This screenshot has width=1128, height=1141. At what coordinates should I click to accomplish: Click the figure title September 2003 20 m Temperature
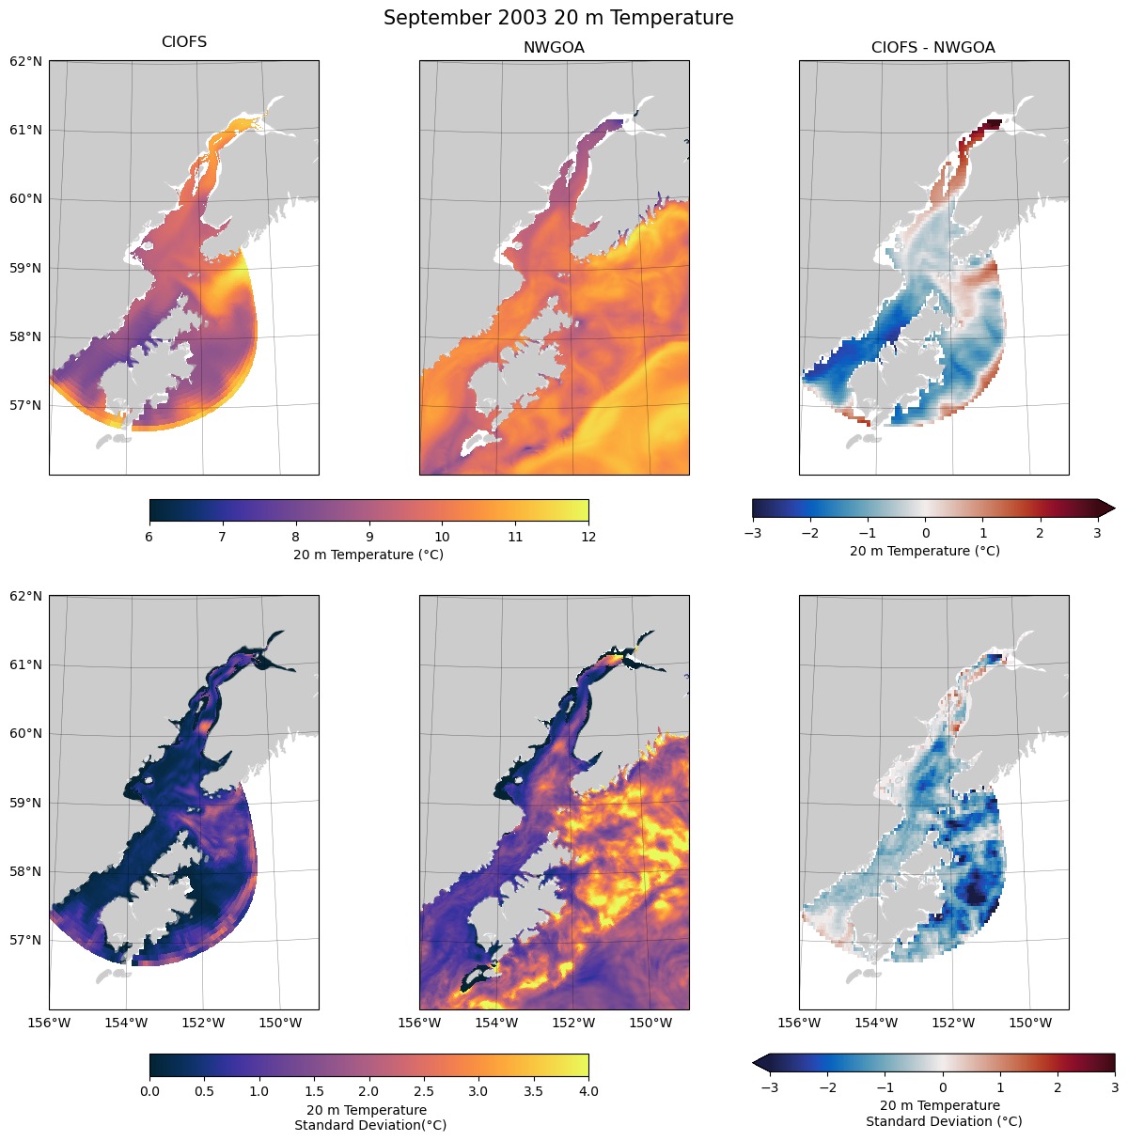click(558, 18)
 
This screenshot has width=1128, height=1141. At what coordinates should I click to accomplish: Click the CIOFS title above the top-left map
click(184, 42)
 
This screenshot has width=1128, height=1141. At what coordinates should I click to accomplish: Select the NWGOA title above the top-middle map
click(554, 48)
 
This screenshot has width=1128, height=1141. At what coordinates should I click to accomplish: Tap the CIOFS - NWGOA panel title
click(932, 48)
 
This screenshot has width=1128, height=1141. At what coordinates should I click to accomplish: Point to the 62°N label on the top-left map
click(25, 61)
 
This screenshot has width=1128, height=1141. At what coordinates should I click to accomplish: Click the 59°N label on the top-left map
click(25, 268)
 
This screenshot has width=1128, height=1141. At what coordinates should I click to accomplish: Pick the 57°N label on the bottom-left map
click(25, 940)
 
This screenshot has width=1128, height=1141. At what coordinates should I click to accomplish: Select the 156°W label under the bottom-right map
click(800, 1023)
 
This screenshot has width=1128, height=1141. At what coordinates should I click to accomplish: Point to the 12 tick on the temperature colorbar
click(588, 537)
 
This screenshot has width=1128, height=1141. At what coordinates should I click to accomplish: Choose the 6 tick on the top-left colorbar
click(149, 537)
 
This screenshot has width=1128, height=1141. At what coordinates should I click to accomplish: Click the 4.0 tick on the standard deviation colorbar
click(588, 1091)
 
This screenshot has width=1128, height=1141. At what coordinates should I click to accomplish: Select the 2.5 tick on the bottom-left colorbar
click(424, 1091)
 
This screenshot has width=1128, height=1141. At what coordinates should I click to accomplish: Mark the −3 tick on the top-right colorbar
click(752, 534)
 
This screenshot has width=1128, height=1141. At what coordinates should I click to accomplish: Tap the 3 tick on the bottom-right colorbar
click(1115, 1088)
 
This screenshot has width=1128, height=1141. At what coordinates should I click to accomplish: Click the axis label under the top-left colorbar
click(368, 555)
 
